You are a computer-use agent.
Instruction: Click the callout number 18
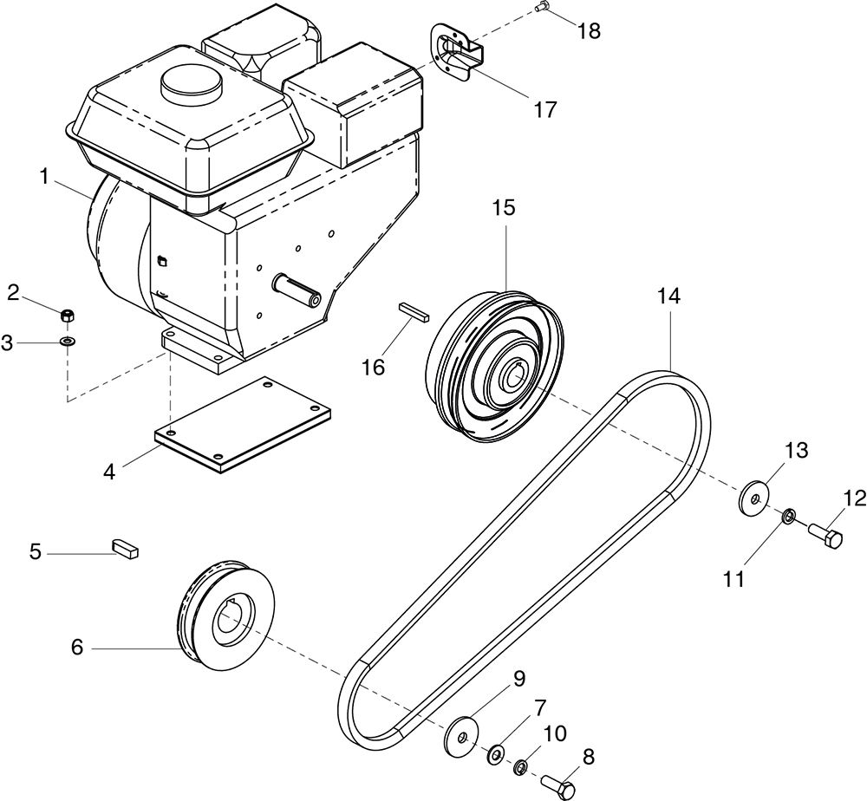(x=590, y=31)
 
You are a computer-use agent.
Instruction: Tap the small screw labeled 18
(x=541, y=7)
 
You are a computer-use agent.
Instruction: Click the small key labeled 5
(x=126, y=548)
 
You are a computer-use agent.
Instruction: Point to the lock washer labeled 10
(x=520, y=767)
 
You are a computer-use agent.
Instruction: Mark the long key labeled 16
(x=414, y=310)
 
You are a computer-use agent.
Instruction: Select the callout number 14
(x=668, y=296)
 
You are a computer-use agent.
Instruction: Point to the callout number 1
(x=43, y=176)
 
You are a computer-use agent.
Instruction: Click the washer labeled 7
(x=495, y=754)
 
